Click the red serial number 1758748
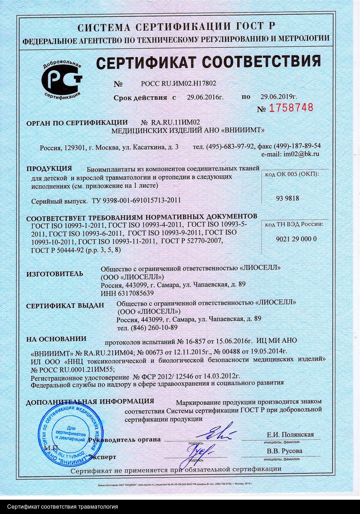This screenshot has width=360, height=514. (x=290, y=108)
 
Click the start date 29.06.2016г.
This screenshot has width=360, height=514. (x=205, y=97)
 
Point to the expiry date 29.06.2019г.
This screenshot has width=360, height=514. (x=279, y=97)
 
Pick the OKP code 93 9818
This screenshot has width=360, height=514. (x=287, y=198)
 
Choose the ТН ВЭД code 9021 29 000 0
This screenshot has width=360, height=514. (x=296, y=239)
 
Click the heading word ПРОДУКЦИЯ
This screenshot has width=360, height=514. (x=49, y=168)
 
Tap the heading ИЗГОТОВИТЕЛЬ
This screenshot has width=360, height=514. (x=55, y=274)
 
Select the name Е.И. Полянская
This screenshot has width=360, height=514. (x=290, y=434)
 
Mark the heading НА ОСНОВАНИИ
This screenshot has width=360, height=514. (x=56, y=339)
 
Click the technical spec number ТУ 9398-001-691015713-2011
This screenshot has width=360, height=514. (x=136, y=200)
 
